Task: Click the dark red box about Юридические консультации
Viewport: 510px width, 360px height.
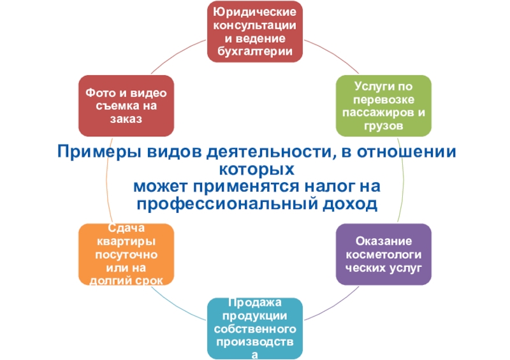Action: coord(255,31)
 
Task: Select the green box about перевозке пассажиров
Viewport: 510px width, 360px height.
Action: coord(383,106)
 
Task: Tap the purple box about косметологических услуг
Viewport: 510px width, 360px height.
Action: coord(384,254)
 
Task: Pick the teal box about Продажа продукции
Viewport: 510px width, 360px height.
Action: coord(255,328)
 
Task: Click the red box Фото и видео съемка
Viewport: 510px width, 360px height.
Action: coord(126,106)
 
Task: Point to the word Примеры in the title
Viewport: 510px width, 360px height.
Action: coord(94,153)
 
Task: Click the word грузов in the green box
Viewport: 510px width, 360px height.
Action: coord(383,126)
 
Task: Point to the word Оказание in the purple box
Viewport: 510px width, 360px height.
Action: coord(384,241)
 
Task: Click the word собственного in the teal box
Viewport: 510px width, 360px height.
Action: coord(255,329)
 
